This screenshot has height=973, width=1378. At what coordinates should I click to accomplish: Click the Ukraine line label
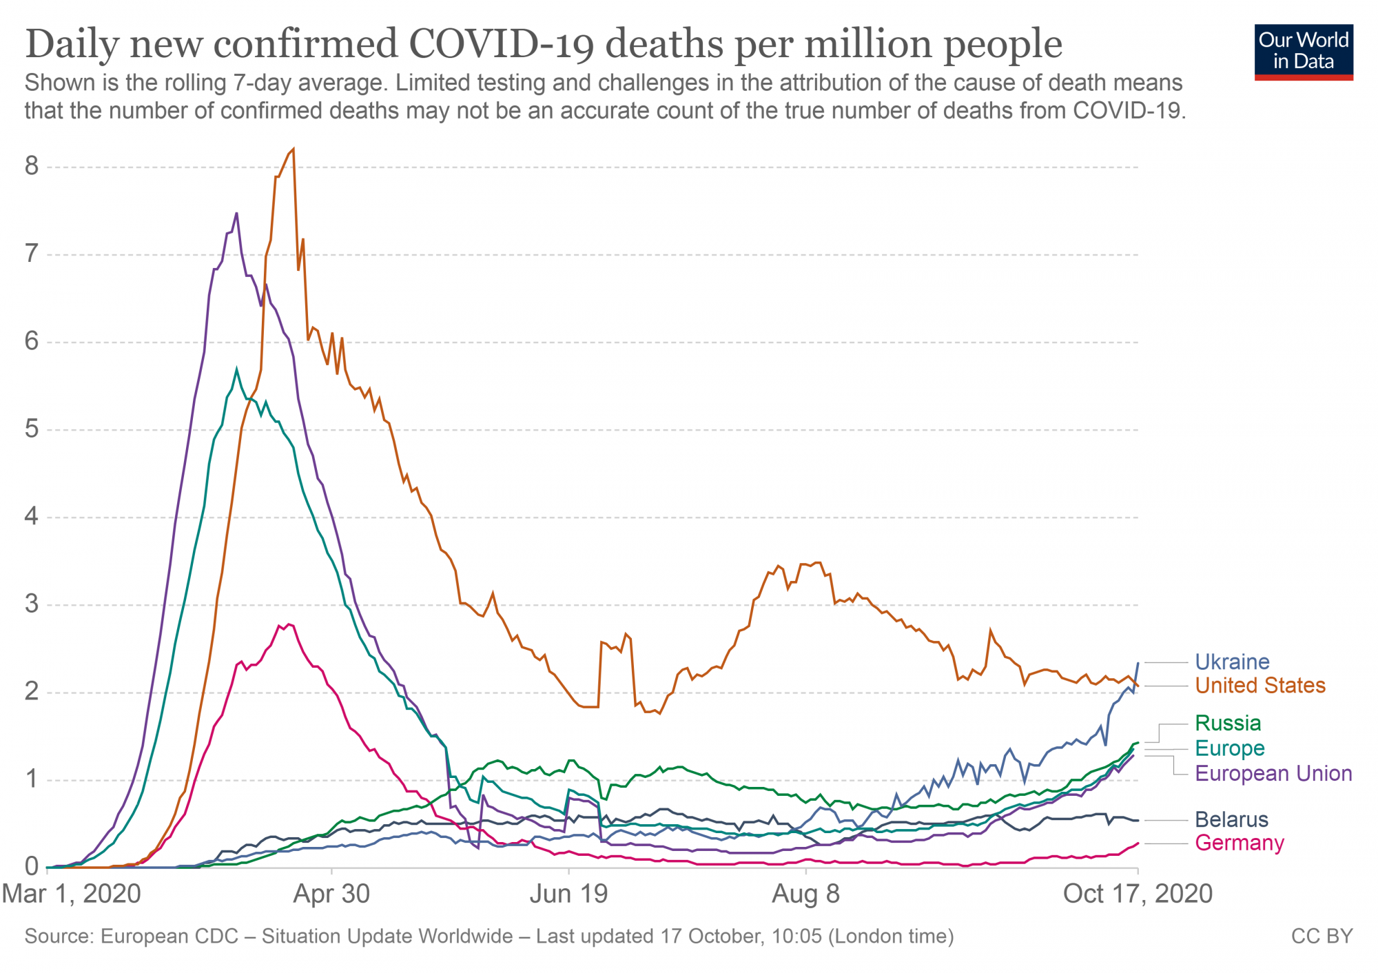click(1231, 662)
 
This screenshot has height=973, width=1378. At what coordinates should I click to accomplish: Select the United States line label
click(1259, 686)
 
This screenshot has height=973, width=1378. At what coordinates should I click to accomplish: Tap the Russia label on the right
click(1228, 723)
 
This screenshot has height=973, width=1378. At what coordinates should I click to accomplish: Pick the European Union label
click(1273, 773)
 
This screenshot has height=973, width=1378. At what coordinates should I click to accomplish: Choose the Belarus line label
click(1231, 819)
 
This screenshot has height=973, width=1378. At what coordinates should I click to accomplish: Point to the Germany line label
click(1239, 843)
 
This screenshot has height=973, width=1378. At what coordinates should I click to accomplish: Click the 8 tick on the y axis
click(32, 166)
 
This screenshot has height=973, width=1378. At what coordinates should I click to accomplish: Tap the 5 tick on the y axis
click(32, 429)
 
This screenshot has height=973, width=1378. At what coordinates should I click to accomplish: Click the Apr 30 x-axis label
click(331, 894)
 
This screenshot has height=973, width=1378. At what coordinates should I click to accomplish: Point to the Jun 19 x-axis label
click(568, 894)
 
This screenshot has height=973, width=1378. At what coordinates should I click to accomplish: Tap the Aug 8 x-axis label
click(805, 894)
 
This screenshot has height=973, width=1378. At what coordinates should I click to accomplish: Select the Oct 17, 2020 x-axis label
click(1138, 894)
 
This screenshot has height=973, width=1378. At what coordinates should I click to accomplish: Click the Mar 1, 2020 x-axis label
click(72, 894)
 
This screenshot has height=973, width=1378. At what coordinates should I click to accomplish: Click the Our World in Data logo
click(1304, 52)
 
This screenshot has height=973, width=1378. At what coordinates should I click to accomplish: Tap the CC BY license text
click(1322, 936)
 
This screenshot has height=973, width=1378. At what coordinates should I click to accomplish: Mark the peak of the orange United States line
click(294, 149)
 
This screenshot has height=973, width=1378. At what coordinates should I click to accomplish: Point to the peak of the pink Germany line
click(289, 624)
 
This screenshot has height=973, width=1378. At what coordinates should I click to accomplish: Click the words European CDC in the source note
click(169, 936)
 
